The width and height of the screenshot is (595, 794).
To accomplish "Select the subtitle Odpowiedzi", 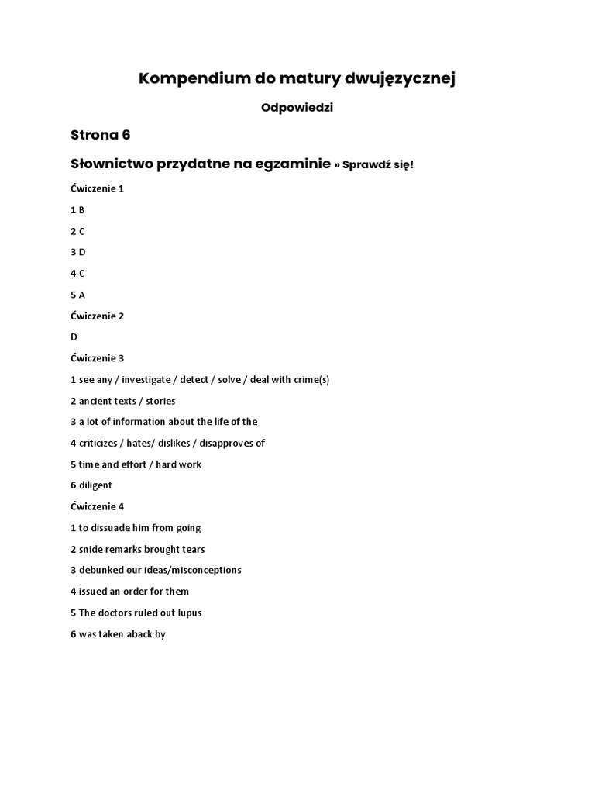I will (x=297, y=108).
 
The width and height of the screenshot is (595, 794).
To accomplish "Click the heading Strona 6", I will (x=100, y=135).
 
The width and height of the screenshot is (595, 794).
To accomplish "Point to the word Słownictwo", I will (x=112, y=164).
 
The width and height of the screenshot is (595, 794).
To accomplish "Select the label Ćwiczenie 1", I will (x=97, y=188).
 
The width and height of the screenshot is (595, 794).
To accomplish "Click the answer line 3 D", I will (x=77, y=252).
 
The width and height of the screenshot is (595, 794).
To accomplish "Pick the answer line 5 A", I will (x=77, y=295).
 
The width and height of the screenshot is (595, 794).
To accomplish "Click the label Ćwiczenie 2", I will (x=97, y=316).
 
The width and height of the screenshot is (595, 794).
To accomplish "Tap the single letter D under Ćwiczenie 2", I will (x=74, y=337).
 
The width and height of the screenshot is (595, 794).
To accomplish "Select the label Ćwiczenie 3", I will (x=97, y=358).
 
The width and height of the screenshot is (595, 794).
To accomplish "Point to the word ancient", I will (x=96, y=401).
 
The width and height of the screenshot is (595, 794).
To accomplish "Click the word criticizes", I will (x=102, y=444).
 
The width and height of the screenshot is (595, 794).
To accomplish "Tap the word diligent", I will (x=95, y=485).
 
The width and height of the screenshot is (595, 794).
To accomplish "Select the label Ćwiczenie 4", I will (x=97, y=506).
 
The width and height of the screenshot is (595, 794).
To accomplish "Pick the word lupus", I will (x=189, y=613).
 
